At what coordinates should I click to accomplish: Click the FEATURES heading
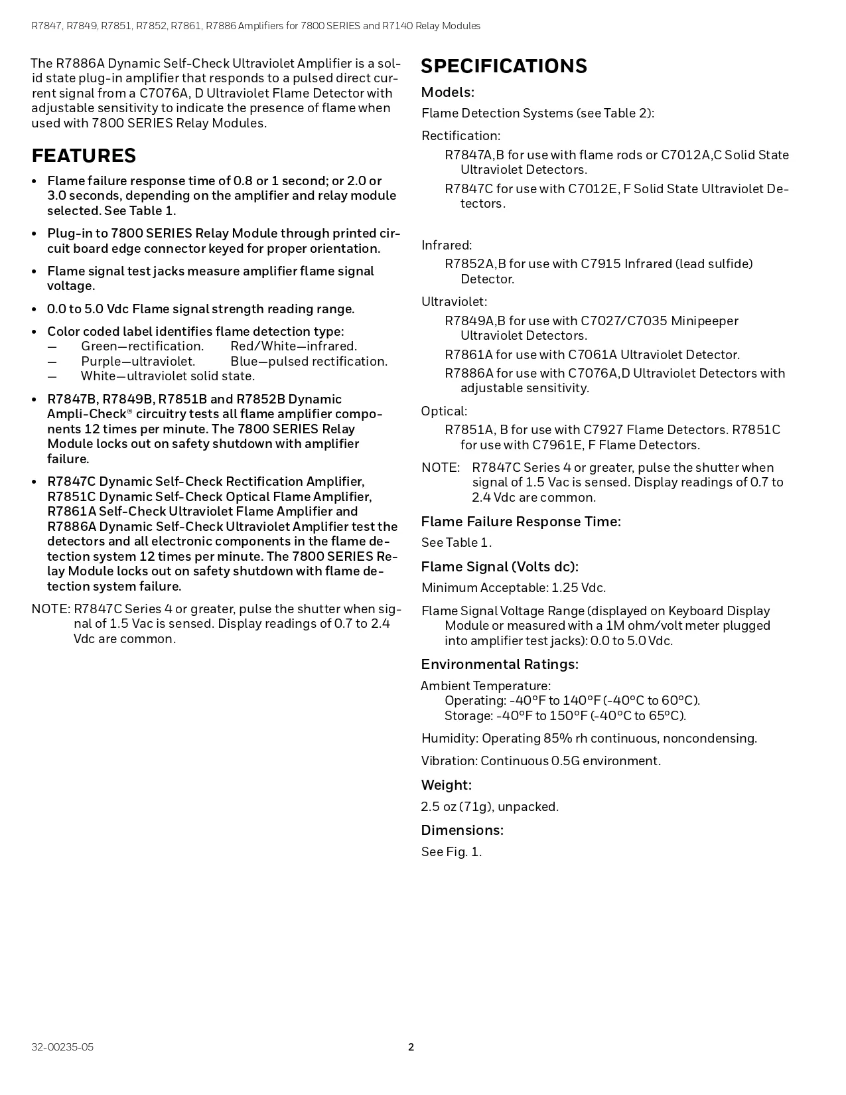coord(84,156)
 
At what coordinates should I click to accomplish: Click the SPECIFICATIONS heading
coord(504,66)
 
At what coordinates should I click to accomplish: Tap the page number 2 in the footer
coord(411,1047)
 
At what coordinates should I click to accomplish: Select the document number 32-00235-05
coord(62,1047)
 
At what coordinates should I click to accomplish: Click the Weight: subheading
coord(446,785)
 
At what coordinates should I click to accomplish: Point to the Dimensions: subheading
coord(462,830)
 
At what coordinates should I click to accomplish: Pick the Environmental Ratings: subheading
coord(500,664)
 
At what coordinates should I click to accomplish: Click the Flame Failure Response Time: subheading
coord(521,522)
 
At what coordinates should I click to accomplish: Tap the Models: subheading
coord(448,92)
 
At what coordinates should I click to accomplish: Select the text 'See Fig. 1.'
coord(451,851)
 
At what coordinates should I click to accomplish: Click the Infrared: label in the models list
coord(447,245)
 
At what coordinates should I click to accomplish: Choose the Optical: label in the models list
coord(444,411)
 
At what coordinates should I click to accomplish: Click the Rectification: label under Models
coord(460,136)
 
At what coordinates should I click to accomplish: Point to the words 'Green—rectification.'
coord(142,346)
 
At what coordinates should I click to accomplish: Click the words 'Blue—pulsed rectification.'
coord(309,362)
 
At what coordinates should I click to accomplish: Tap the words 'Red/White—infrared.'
coord(293,346)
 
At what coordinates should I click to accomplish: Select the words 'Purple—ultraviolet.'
coord(138,362)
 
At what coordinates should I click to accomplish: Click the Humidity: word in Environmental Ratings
coord(450,739)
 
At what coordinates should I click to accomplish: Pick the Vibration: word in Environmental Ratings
coord(449,761)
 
